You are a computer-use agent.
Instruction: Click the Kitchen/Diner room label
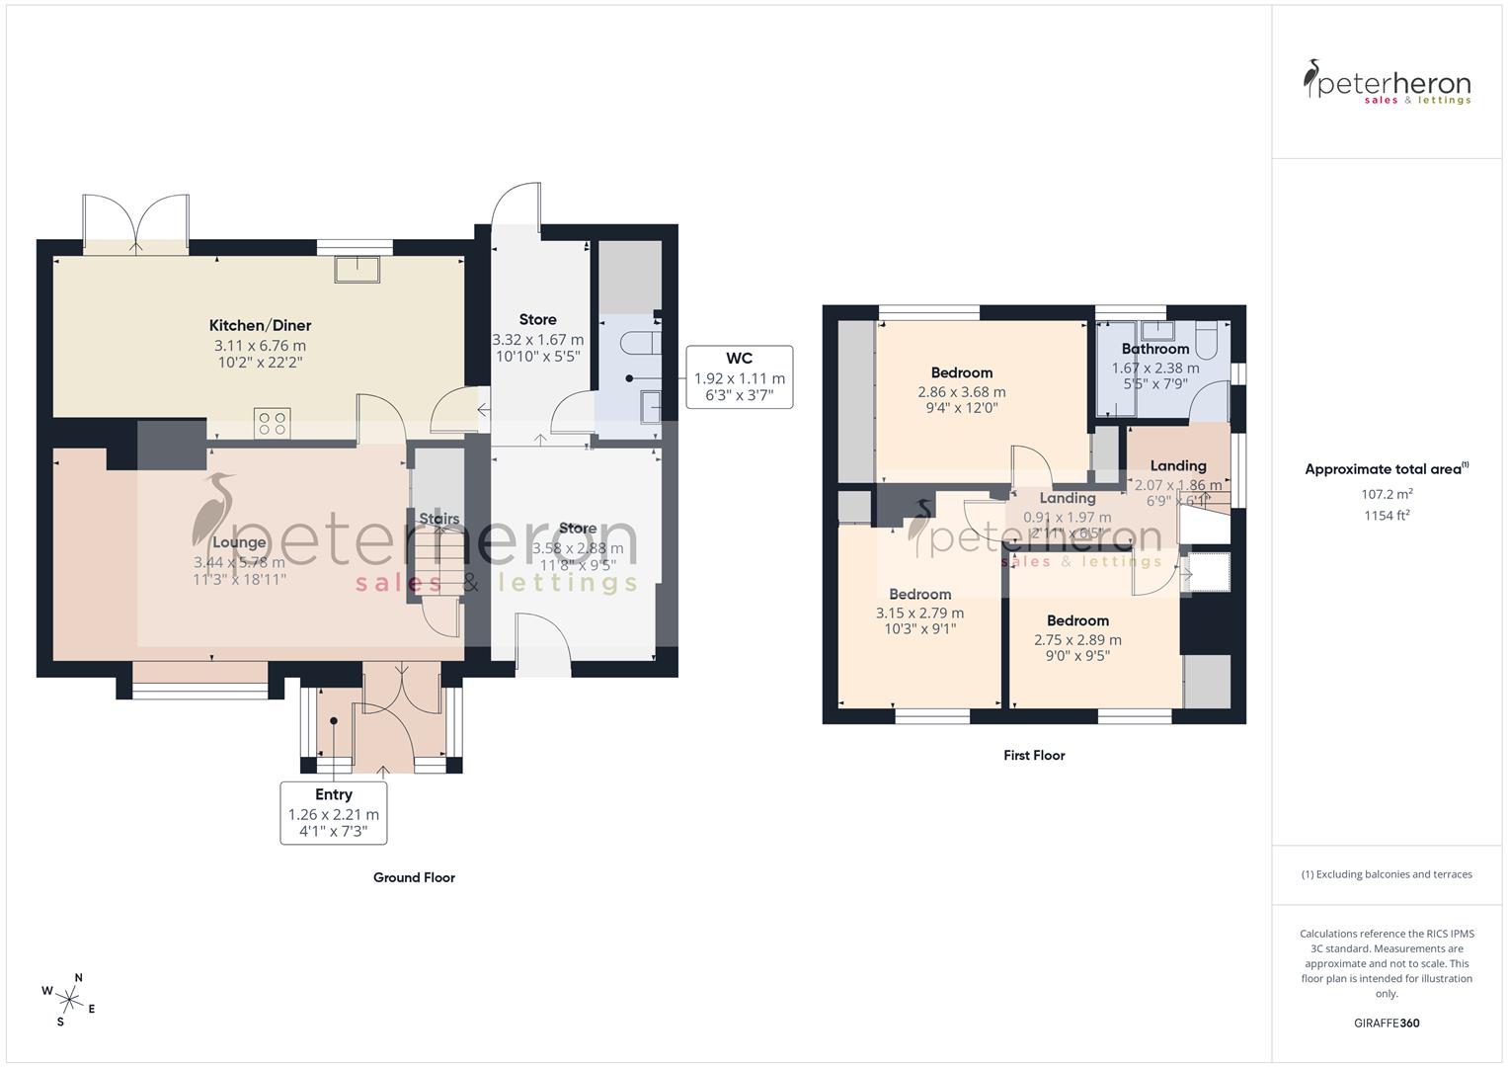click(x=260, y=325)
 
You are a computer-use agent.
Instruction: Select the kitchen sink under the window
click(x=357, y=270)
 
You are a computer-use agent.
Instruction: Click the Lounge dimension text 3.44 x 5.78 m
click(x=239, y=562)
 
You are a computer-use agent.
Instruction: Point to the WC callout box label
click(x=739, y=359)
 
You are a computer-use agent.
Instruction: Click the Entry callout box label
click(x=334, y=794)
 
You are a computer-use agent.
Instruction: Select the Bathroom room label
click(x=1154, y=349)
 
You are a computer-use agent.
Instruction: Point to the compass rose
click(x=69, y=998)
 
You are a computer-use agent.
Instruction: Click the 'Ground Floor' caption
click(x=414, y=877)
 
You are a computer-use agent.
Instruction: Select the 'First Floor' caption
click(x=1034, y=755)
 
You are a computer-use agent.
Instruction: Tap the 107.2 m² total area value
click(x=1387, y=493)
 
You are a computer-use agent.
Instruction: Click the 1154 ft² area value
click(x=1387, y=515)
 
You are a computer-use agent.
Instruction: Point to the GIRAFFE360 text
click(x=1387, y=1023)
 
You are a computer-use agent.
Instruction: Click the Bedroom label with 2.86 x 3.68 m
click(x=961, y=372)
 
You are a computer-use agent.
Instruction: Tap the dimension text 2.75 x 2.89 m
click(x=1077, y=639)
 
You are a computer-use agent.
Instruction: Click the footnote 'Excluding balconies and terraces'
click(x=1387, y=874)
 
